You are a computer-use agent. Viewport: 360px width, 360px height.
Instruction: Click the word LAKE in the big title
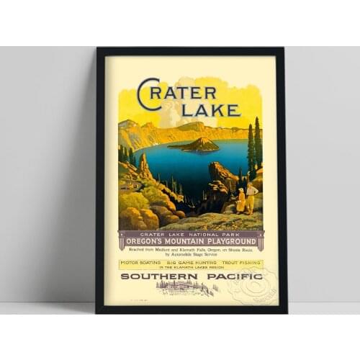pyautogui.click(x=210, y=110)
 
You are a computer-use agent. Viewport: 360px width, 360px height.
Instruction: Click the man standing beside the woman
pyautogui.click(x=251, y=198)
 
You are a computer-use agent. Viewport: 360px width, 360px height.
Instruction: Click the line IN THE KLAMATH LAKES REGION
pyautogui.click(x=191, y=269)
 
